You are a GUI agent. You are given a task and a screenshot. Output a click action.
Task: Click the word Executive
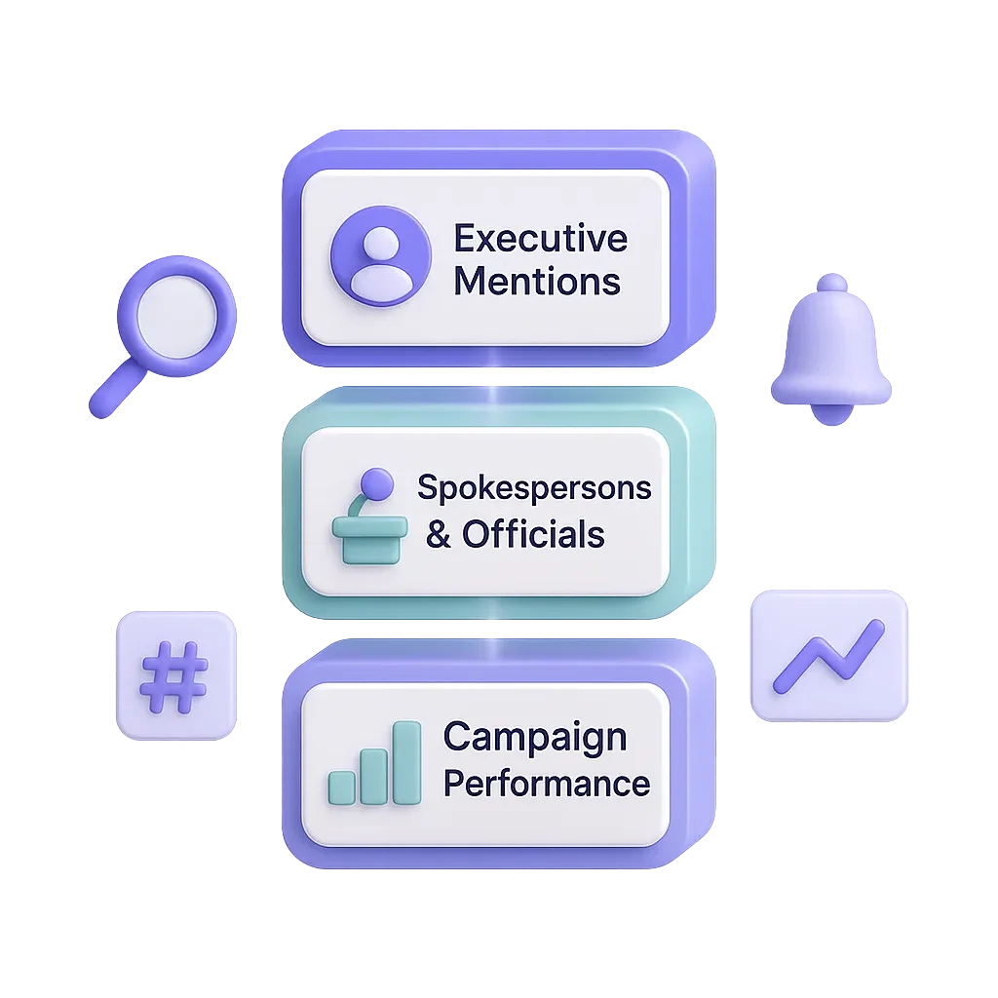pyautogui.click(x=541, y=239)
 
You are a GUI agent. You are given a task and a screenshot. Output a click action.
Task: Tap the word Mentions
pyautogui.click(x=537, y=282)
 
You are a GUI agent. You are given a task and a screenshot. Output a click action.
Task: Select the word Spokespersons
pyautogui.click(x=534, y=487)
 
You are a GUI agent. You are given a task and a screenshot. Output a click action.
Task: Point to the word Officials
pyautogui.click(x=533, y=534)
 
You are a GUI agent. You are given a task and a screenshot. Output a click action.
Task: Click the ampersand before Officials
pyautogui.click(x=439, y=535)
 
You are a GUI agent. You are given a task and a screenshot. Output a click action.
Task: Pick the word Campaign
pyautogui.click(x=534, y=738)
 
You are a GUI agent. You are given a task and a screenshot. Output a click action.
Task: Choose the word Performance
pyautogui.click(x=547, y=783)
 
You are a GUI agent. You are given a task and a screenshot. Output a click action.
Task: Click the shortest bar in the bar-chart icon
pyautogui.click(x=342, y=787)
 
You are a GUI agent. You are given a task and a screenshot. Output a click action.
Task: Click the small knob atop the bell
pyautogui.click(x=831, y=283)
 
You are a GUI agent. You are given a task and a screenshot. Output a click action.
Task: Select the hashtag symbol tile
pyautogui.click(x=174, y=673)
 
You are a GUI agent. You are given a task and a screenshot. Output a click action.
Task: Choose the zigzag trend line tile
pyautogui.click(x=827, y=656)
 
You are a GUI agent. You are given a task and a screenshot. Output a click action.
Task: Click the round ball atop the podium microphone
pyautogui.click(x=376, y=482)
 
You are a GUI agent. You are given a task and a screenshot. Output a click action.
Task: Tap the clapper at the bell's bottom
pyautogui.click(x=831, y=416)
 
